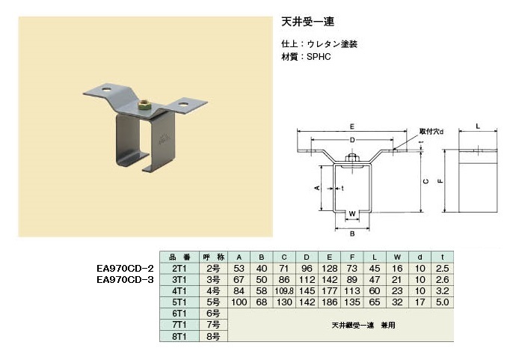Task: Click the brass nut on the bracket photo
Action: [x=144, y=106]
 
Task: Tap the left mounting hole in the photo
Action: [x=106, y=89]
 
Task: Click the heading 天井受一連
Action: [x=308, y=22]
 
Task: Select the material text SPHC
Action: [x=319, y=57]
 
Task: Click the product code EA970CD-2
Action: [x=125, y=268]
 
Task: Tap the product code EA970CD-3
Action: [x=125, y=280]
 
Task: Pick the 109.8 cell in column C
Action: [x=284, y=291]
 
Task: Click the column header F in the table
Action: [x=352, y=257]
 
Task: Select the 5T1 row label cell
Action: [x=179, y=302]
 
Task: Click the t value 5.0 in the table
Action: [x=443, y=302]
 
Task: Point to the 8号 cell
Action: [x=213, y=337]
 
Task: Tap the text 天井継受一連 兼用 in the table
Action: [x=363, y=326]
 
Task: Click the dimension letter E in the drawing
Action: [x=351, y=126]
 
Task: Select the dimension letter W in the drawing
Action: [x=352, y=214]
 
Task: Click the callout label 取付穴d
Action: [x=432, y=132]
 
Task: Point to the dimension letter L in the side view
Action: [x=478, y=126]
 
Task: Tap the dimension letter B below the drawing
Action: [x=352, y=234]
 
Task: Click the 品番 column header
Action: [x=179, y=257]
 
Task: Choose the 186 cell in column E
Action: [x=329, y=302]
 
